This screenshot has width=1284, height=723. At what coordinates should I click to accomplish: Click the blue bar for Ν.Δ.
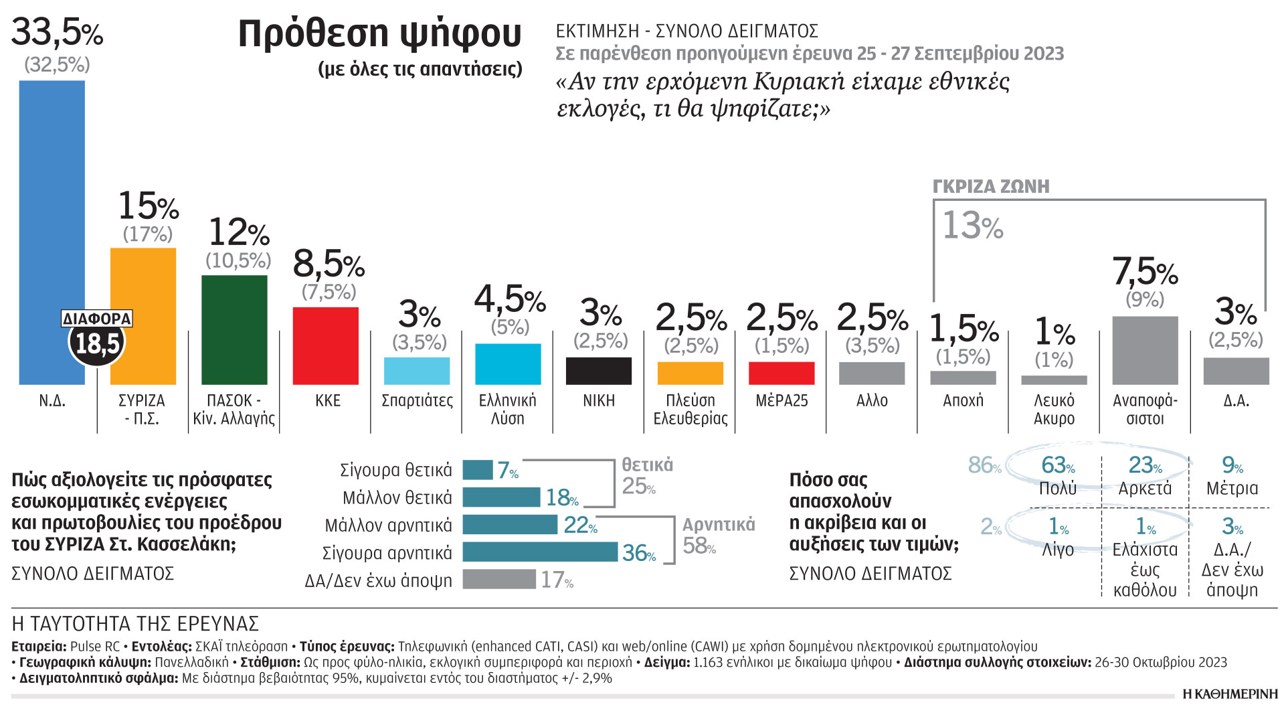tap(52, 201)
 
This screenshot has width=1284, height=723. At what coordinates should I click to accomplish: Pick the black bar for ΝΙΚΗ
tap(598, 371)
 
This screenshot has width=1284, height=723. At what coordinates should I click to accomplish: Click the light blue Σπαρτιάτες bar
tap(416, 371)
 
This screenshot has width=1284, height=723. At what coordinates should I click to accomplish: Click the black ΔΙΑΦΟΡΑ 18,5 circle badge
tap(97, 343)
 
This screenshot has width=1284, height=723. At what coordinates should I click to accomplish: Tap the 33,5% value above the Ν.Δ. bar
tap(57, 31)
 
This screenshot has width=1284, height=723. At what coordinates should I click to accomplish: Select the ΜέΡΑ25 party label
tap(782, 401)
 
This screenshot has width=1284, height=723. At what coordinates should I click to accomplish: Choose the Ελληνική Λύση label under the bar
tap(507, 410)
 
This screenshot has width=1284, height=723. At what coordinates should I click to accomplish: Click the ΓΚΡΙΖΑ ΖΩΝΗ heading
tap(991, 187)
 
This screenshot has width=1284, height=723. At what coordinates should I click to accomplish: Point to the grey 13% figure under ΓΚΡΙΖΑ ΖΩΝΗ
tap(973, 226)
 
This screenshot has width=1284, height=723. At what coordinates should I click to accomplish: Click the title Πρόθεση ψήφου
tap(379, 33)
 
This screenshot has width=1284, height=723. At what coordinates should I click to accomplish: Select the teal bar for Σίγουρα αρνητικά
tap(539, 552)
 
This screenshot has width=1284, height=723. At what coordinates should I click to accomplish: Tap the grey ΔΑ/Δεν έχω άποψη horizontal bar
tap(498, 579)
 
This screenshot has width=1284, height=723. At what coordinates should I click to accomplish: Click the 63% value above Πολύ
tap(1058, 465)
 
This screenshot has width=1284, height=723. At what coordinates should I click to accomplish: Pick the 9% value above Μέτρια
tap(1232, 465)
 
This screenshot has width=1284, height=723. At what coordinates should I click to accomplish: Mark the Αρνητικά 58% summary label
tap(717, 536)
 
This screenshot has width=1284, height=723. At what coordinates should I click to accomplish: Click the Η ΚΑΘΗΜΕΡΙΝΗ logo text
tap(1230, 694)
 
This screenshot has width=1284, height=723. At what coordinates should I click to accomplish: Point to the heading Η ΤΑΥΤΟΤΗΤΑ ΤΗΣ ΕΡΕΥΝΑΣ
tap(135, 624)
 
